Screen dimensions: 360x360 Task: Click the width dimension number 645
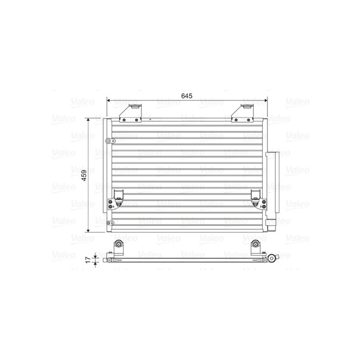[187, 95]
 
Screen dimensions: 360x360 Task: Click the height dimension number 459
[84, 175]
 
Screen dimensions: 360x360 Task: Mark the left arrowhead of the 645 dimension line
[108, 101]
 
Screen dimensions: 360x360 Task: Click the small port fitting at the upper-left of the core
[108, 141]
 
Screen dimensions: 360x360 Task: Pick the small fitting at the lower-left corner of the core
[108, 223]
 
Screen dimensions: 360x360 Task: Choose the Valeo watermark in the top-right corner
[297, 102]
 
